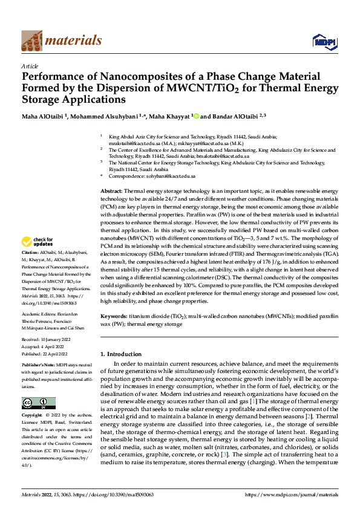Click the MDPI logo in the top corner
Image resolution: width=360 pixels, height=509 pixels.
point(322,41)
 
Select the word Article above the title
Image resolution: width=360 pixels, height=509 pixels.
point(30,66)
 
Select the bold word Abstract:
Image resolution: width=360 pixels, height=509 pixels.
point(111,190)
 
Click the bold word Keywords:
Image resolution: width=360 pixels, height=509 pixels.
point(114,316)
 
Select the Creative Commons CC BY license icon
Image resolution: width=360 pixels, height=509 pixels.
point(39,403)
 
